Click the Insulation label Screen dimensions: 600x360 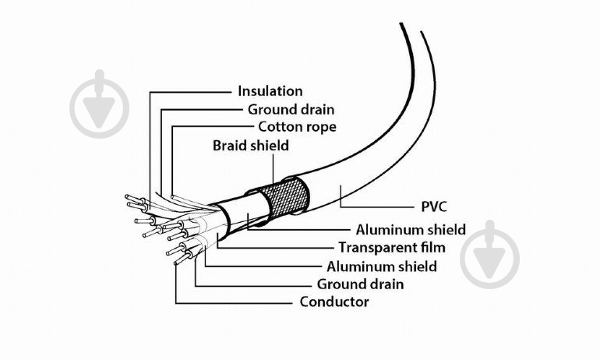[270, 91]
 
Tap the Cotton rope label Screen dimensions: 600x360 [298, 127]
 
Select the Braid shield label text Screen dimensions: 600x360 [251, 146]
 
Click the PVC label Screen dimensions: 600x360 [434, 206]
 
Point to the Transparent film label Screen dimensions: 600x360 [392, 248]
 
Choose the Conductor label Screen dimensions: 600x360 [334, 302]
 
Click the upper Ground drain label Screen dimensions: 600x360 [291, 109]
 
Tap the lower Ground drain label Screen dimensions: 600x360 [360, 284]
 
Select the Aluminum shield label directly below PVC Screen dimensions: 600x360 [411, 230]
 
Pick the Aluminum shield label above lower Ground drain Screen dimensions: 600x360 [382, 266]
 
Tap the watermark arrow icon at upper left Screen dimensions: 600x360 [100, 104]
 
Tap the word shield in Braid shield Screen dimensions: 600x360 [270, 146]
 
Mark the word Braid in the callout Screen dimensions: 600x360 [231, 146]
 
